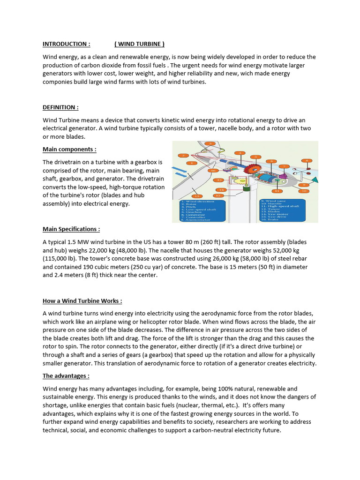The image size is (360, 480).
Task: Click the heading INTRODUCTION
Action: (66, 44)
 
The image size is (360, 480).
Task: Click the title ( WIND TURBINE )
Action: (139, 44)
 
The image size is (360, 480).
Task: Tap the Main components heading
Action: (69, 149)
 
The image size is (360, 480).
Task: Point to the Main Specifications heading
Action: (71, 229)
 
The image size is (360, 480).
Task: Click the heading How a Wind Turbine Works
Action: (82, 301)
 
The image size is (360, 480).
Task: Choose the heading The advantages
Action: (66, 376)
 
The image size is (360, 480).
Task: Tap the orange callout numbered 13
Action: (197, 196)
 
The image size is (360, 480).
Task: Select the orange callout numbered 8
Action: (307, 161)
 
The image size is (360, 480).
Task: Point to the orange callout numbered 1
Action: (191, 163)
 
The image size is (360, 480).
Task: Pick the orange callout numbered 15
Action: (218, 180)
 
